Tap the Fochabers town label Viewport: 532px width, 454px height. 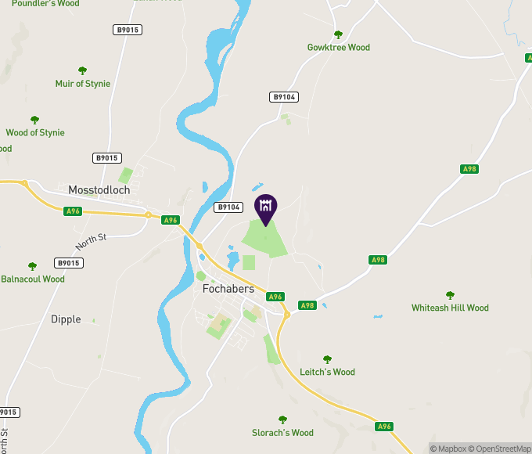tap(228, 289)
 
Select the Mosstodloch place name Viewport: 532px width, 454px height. tap(99, 190)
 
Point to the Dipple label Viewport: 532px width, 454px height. tap(66, 319)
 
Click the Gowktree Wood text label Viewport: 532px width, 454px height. tap(338, 48)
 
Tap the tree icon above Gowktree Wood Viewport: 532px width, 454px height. tap(338, 34)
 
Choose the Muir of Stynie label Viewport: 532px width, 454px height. tap(83, 84)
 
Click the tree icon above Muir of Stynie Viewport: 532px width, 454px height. tap(83, 70)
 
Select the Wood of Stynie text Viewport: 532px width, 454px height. tap(35, 133)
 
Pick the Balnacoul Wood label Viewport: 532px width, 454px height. tap(33, 279)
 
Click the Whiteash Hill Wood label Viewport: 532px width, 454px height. tap(450, 308)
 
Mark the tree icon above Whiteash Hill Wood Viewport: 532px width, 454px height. tap(450, 295)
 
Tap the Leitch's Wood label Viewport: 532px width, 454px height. tap(327, 373)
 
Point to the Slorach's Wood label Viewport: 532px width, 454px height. tap(282, 433)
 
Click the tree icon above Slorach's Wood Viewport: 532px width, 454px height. tap(282, 420)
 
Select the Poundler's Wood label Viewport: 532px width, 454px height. tap(45, 3)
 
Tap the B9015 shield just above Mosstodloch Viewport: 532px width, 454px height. tap(107, 158)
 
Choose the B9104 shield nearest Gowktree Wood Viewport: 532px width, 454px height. tap(283, 97)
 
